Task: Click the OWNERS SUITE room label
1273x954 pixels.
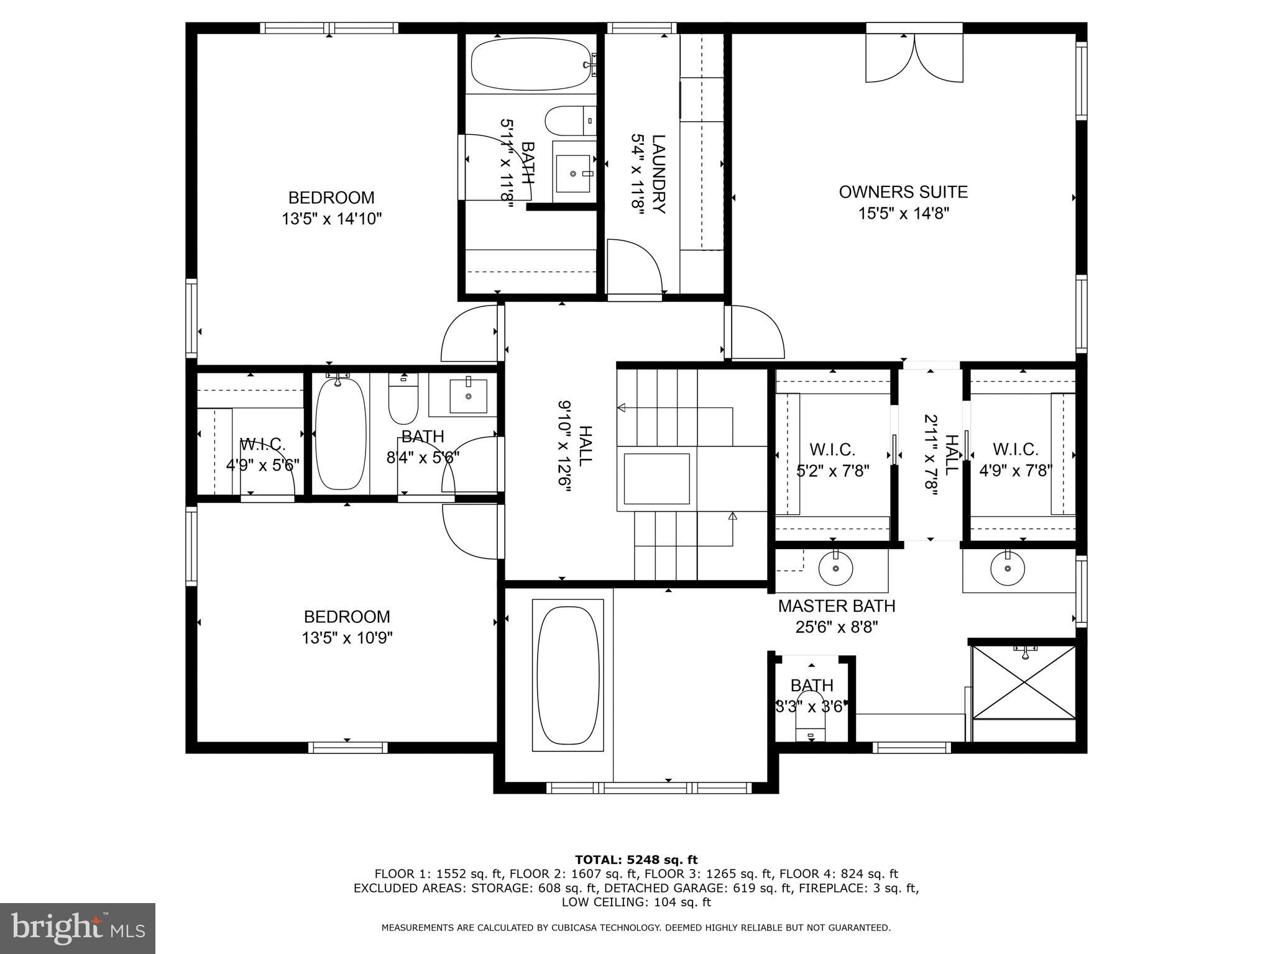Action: click(x=903, y=192)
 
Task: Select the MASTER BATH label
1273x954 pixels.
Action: click(x=837, y=606)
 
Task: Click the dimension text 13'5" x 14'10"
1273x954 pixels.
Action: click(x=331, y=219)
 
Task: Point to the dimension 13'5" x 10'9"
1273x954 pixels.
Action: click(x=347, y=638)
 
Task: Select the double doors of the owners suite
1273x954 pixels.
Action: click(x=914, y=57)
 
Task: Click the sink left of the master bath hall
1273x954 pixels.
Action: click(x=835, y=568)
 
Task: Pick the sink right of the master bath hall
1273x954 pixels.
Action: click(x=1008, y=568)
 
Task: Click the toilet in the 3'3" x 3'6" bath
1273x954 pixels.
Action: click(x=811, y=725)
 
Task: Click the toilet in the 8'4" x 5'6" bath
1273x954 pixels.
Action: click(x=403, y=401)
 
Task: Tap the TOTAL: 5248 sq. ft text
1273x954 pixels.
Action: click(x=636, y=860)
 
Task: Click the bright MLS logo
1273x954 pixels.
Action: click(x=77, y=928)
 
